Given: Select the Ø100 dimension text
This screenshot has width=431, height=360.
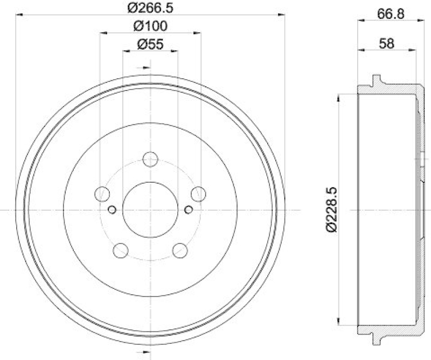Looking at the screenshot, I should pyautogui.click(x=150, y=26).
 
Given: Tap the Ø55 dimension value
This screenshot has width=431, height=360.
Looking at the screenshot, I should pyautogui.click(x=150, y=45).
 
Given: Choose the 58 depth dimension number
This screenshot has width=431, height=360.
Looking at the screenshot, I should pyautogui.click(x=386, y=44).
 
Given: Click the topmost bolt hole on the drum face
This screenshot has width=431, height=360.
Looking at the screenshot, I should pyautogui.click(x=150, y=159).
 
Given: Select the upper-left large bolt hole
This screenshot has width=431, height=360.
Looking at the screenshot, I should pyautogui.click(x=102, y=193).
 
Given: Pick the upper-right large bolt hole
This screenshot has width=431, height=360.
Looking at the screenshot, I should pyautogui.click(x=199, y=193).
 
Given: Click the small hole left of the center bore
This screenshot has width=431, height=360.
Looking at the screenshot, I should pyautogui.click(x=112, y=210).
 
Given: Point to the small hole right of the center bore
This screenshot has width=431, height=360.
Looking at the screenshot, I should pyautogui.click(x=189, y=210).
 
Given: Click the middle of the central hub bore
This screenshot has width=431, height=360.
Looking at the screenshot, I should pyautogui.click(x=150, y=210).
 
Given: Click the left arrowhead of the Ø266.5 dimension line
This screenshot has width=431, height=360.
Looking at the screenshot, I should pyautogui.click(x=19, y=15).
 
